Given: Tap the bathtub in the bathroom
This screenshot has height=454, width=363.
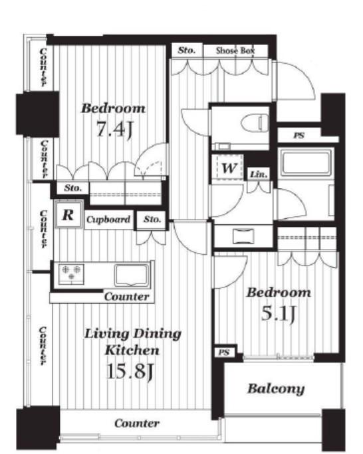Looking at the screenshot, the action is coord(306,163).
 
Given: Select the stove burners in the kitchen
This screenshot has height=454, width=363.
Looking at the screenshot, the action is coord(71,273).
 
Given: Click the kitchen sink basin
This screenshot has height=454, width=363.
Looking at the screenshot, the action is coord(132,275).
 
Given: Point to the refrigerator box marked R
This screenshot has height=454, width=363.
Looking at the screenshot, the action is coord(68,214).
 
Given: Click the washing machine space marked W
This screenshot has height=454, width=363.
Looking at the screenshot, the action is coord(229,168).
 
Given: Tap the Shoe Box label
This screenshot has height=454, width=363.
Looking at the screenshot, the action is coord(235,51).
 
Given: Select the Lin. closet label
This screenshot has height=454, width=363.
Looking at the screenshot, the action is coord(259,175).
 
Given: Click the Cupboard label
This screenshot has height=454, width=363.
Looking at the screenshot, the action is coord(108,219).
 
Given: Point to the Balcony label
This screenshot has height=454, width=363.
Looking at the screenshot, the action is coord(276,389).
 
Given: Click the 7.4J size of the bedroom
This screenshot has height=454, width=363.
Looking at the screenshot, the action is coord(114,129).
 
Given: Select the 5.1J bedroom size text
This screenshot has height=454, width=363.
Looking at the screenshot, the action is coord(278,313).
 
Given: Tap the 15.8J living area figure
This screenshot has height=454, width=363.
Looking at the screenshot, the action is coord(130,372).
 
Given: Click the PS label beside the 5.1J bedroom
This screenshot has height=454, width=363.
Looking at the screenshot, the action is coord(224,352).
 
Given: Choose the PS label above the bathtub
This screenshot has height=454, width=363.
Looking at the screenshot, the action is coord(299,135).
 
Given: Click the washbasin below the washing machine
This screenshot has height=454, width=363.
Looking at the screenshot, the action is coord(243,236).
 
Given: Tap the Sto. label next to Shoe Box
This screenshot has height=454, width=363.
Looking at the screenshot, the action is coord(186,50).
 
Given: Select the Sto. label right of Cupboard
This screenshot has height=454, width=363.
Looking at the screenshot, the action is coord(152,219).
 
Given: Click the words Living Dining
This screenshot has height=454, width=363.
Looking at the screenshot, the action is coord(133,334).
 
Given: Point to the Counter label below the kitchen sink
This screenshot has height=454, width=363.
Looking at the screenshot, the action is coord(127,297).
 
